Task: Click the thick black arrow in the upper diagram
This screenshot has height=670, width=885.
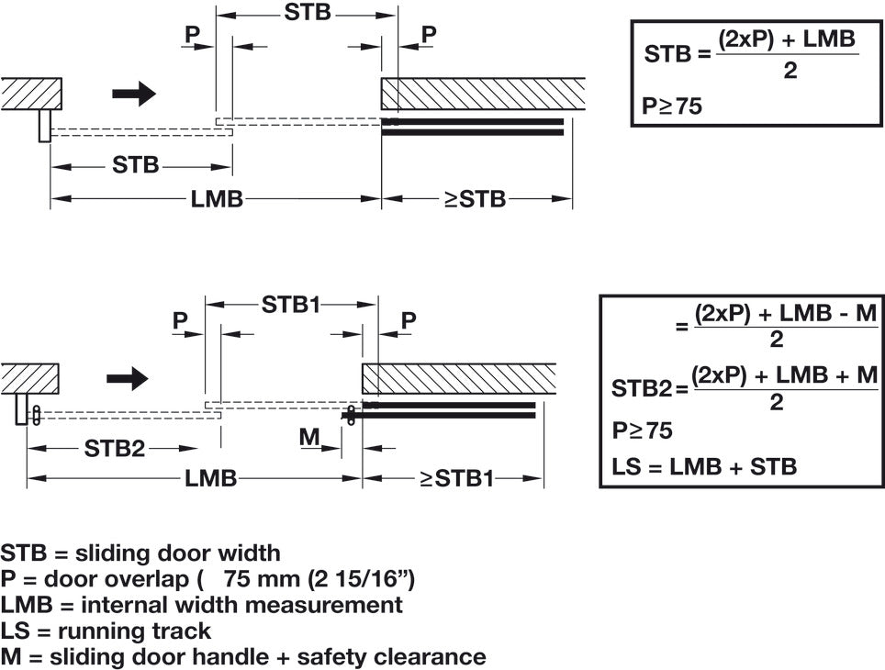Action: [x=134, y=93]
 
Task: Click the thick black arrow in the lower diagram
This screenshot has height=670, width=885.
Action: [x=127, y=376]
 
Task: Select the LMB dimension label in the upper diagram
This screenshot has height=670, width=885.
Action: [x=217, y=198]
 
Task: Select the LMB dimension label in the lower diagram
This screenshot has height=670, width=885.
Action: [x=211, y=478]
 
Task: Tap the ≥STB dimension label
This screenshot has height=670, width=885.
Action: [x=476, y=198]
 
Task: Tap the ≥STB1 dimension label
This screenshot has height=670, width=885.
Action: [x=456, y=478]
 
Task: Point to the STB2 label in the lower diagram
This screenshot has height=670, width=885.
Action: [x=115, y=449]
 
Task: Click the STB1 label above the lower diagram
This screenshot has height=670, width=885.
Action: [x=292, y=304]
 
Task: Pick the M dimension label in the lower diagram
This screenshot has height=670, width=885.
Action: [x=309, y=438]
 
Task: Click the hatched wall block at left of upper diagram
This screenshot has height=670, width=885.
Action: [x=31, y=93]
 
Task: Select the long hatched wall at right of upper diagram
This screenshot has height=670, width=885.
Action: [x=483, y=93]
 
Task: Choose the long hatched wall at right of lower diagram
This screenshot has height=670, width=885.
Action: [x=459, y=377]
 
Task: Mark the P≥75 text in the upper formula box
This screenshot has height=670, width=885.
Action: [x=672, y=107]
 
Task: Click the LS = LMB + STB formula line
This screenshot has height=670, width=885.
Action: [x=704, y=466]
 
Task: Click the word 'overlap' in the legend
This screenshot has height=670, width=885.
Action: [x=143, y=579]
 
